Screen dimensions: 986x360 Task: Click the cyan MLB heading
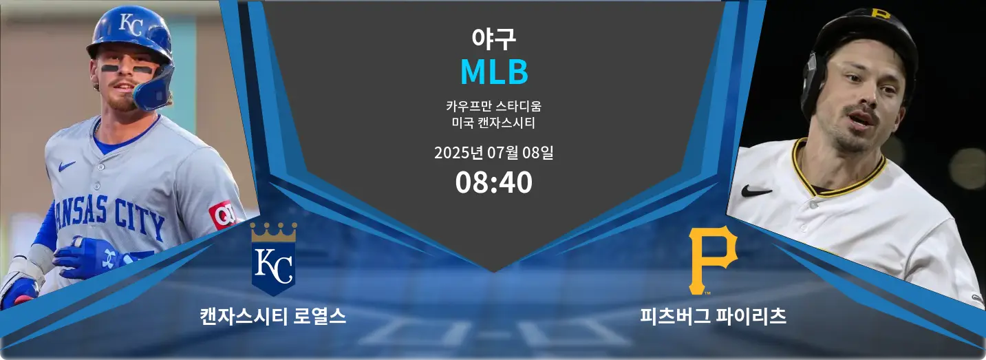coord(494,72)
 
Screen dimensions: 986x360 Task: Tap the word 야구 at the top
coord(493,39)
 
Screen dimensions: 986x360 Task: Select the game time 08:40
coord(493,182)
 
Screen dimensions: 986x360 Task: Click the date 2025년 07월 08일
coord(493,153)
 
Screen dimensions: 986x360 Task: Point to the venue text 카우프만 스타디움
coord(493,106)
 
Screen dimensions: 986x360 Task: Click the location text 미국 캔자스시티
coord(493,123)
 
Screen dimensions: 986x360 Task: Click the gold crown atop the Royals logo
coord(273,232)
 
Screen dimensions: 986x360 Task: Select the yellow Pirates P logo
coord(712,260)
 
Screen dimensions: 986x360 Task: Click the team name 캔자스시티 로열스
coord(273,317)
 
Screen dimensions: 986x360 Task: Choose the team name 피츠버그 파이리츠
coord(713,317)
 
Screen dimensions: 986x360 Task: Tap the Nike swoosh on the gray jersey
coord(67,166)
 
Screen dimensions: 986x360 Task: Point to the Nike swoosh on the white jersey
coord(756,191)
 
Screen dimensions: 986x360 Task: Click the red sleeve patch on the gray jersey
coord(223,215)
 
